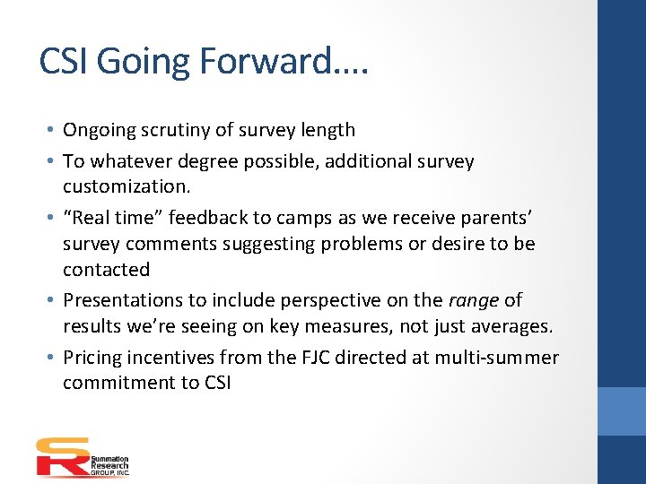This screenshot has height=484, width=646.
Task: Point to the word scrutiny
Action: (x=184, y=130)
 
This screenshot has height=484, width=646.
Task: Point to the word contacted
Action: (x=106, y=269)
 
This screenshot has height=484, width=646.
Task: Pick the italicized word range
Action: (x=473, y=300)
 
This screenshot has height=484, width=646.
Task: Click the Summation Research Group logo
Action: (x=83, y=456)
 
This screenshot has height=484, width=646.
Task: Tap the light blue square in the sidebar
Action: (x=622, y=411)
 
